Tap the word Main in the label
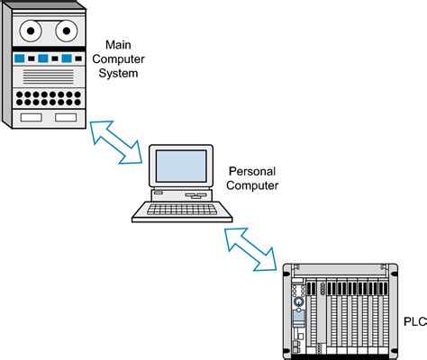pos(119,44)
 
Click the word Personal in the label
pos(253,170)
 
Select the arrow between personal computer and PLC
pos(251,248)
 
